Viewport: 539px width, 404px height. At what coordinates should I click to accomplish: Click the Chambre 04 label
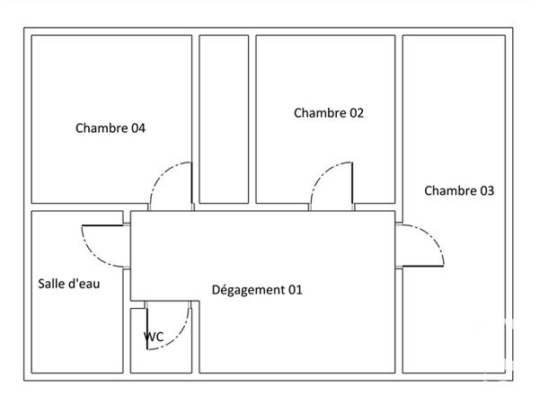(x=110, y=128)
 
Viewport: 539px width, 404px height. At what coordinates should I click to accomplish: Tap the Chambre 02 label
(x=329, y=113)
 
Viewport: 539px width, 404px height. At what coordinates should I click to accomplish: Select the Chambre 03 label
(x=459, y=190)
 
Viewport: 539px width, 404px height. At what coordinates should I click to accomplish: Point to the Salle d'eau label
(x=69, y=284)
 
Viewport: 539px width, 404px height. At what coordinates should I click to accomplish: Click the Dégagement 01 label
(x=257, y=290)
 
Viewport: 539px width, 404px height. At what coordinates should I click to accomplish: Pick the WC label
(x=154, y=337)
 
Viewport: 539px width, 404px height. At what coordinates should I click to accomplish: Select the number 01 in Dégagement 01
(x=294, y=290)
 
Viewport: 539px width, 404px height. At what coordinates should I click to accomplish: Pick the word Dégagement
(x=246, y=290)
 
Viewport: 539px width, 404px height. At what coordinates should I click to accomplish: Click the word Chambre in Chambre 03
(x=447, y=190)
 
